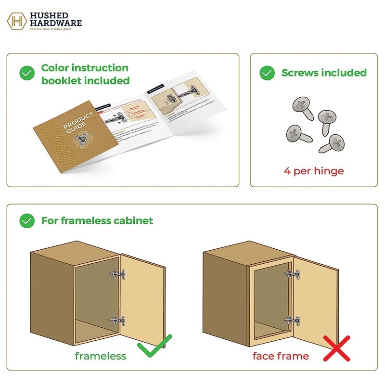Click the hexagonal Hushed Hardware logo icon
[x=17, y=21]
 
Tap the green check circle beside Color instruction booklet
[x=27, y=74]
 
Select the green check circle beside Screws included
[x=267, y=73]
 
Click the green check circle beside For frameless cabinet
[x=27, y=220]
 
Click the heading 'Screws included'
[x=324, y=73]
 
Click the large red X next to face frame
[x=336, y=348]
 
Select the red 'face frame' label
[x=281, y=356]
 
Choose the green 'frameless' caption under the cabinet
[x=100, y=356]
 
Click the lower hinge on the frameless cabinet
[x=117, y=321]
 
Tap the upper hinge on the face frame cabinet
[x=291, y=275]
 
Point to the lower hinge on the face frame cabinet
[x=291, y=320]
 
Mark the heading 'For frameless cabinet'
[x=97, y=220]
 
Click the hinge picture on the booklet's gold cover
[x=80, y=139]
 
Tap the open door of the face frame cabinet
[x=315, y=298]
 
